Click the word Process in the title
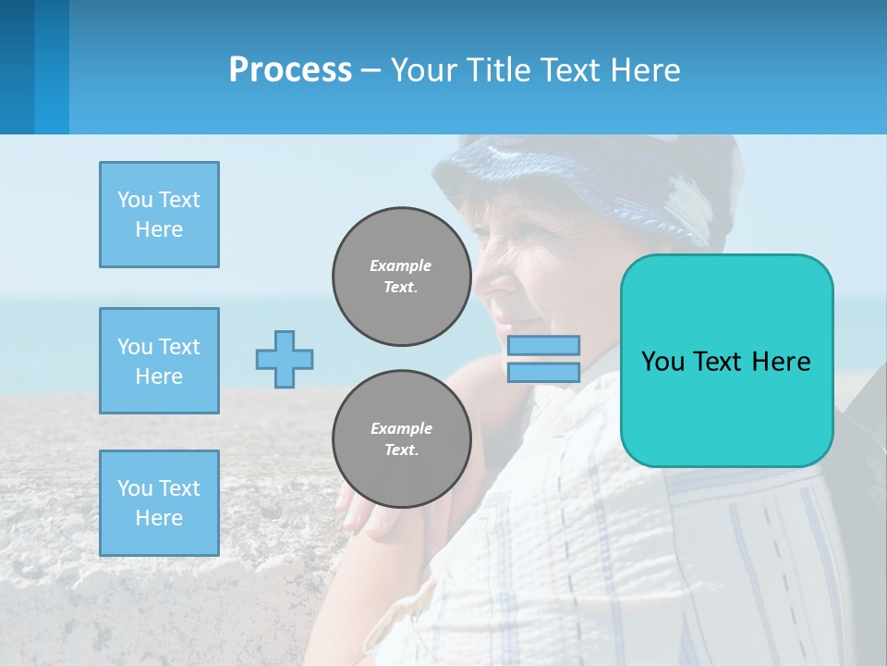pyautogui.click(x=290, y=70)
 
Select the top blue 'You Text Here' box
pyautogui.click(x=159, y=215)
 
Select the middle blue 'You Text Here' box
pyautogui.click(x=159, y=361)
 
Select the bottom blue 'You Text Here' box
pyautogui.click(x=159, y=503)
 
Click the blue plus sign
pyautogui.click(x=285, y=359)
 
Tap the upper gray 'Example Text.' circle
pyautogui.click(x=401, y=277)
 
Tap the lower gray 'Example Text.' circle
pyautogui.click(x=401, y=439)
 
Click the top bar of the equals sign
pyautogui.click(x=543, y=345)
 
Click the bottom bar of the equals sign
pyautogui.click(x=543, y=373)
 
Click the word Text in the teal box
pyautogui.click(x=724, y=362)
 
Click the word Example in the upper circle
pyautogui.click(x=401, y=265)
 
